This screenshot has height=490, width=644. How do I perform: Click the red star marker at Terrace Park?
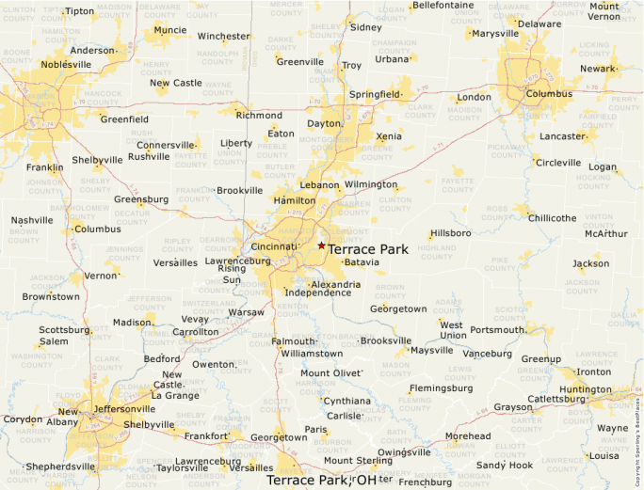pos(321,245)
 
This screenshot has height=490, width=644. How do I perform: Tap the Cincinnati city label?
pos(274,246)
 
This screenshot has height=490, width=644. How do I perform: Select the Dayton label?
pos(324,123)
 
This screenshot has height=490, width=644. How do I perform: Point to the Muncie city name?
pos(169,30)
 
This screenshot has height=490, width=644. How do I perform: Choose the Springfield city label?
pos(374,95)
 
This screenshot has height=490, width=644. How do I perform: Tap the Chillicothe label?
pos(552,218)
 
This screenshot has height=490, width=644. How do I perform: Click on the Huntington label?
pos(585,389)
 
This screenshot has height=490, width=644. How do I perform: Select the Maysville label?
pos(431,351)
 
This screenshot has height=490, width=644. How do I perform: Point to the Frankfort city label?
pos(205,436)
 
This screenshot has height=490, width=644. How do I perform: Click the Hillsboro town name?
pos(450,232)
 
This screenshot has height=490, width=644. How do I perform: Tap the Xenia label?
pos(389,136)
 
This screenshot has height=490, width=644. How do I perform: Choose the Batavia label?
pos(362,262)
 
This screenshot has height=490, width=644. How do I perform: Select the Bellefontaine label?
pos(443,6)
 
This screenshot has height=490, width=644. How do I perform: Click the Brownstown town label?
pos(51,296)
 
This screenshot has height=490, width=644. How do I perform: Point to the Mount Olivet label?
pos(330,373)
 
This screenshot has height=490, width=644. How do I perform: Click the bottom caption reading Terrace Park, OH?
pos(321,480)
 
